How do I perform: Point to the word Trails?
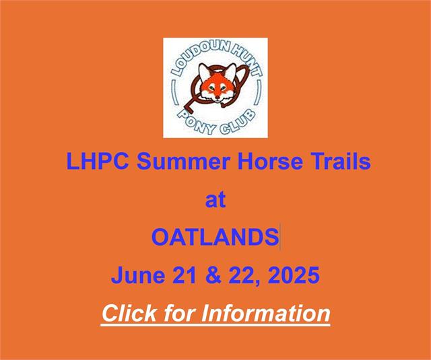[340, 161]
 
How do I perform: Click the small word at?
[215, 200]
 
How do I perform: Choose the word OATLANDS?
[215, 237]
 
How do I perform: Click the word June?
[138, 275]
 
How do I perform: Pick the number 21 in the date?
[185, 275]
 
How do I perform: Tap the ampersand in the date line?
[213, 275]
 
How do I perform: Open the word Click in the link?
[129, 314]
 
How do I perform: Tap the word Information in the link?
[266, 314]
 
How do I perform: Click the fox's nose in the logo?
[218, 97]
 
